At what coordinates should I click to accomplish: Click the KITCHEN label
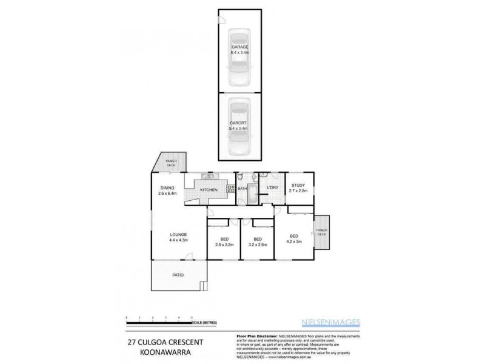click(209, 190)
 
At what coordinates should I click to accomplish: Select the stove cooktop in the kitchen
click(230, 188)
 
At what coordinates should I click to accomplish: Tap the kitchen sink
click(207, 177)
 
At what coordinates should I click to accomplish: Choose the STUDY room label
click(298, 186)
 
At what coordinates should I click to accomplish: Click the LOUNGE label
click(178, 235)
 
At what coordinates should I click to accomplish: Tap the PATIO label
click(178, 275)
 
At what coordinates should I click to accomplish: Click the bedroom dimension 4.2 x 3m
click(294, 241)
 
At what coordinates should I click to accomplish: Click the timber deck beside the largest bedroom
click(321, 233)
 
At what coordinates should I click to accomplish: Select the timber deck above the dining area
click(172, 163)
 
